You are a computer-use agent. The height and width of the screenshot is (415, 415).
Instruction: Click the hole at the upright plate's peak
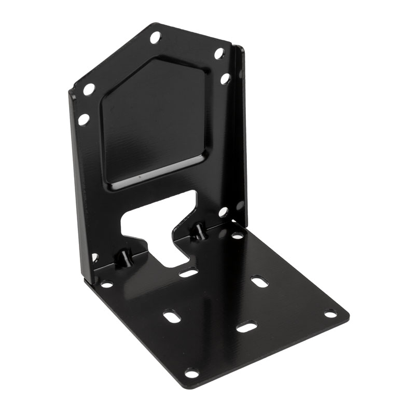(x=155, y=37)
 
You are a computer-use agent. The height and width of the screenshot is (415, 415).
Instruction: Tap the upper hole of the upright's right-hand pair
(x=219, y=53)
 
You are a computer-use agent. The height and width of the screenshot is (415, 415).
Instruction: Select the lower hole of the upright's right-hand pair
(x=225, y=79)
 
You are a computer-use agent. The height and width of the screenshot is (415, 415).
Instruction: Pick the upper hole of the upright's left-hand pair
(x=89, y=89)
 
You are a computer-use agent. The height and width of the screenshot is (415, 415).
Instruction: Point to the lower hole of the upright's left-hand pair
(x=84, y=119)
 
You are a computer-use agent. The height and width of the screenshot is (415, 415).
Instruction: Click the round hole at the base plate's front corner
(x=192, y=373)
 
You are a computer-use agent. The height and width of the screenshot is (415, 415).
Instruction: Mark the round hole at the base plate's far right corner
(x=330, y=314)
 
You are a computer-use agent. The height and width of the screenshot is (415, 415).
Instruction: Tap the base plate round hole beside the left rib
(x=107, y=284)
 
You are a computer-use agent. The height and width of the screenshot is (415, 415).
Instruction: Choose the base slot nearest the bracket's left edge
(x=172, y=315)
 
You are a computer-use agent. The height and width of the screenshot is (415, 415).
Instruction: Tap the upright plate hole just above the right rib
(x=223, y=212)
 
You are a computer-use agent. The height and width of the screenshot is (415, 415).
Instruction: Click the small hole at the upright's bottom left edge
(x=94, y=257)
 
